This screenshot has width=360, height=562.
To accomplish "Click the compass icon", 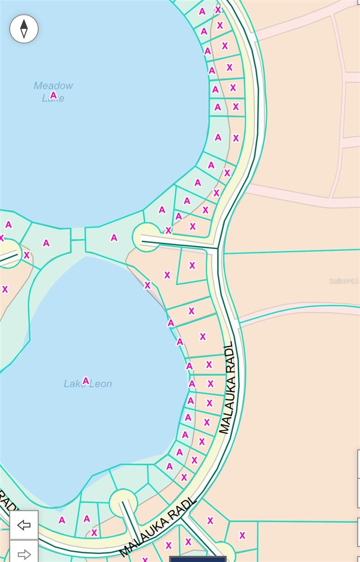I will pyautogui.click(x=24, y=29).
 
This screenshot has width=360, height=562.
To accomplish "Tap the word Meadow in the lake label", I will pyautogui.click(x=53, y=86).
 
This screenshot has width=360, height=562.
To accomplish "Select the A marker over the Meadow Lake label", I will pyautogui.click(x=53, y=95).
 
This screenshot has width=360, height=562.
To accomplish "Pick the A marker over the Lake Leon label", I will pyautogui.click(x=86, y=381).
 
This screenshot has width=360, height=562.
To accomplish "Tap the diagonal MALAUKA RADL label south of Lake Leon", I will pyautogui.click(x=157, y=527).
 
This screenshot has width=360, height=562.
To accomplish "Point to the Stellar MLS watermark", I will pyautogui.click(x=344, y=281).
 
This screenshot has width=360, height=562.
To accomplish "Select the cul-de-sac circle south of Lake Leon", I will pyautogui.click(x=123, y=503).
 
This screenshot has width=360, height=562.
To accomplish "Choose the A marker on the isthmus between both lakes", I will pyautogui.click(x=114, y=238).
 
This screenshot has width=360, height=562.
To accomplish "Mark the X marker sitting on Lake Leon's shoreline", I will pyautogui.click(x=148, y=285).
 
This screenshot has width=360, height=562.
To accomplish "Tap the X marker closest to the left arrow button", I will pyautogui.click(x=94, y=532).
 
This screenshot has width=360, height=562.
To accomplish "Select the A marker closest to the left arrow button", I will pyautogui.click(x=62, y=520).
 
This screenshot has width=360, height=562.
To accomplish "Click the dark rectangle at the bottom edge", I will pyautogui.click(x=198, y=559).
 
